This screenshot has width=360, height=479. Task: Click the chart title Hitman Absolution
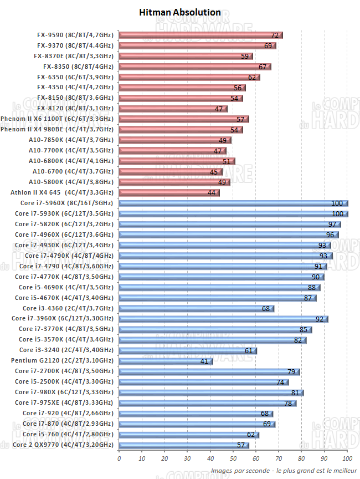click(180, 12)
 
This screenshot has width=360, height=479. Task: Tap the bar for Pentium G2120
click(166, 361)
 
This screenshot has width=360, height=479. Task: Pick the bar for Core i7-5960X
click(233, 203)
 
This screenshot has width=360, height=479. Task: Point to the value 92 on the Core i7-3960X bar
click(320, 319)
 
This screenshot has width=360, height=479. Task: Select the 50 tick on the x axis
click(233, 458)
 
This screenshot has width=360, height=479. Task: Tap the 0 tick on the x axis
click(119, 458)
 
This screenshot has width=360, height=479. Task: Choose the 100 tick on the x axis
click(347, 458)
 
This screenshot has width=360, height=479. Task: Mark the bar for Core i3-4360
click(197, 308)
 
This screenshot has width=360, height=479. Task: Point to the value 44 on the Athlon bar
click(212, 193)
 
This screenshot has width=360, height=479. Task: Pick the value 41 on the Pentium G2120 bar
click(204, 361)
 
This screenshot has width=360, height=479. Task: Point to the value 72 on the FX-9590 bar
click(275, 35)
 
